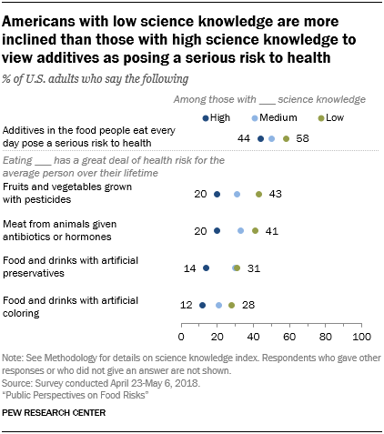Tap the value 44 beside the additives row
[245, 138]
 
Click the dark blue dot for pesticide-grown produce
[217, 194]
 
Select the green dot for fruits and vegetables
[258, 194]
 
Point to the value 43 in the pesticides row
[275, 194]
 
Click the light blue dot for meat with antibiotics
[240, 231]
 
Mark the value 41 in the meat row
[271, 231]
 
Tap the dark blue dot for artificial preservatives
[206, 268]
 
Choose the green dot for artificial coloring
[232, 306]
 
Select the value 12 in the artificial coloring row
[187, 306]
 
